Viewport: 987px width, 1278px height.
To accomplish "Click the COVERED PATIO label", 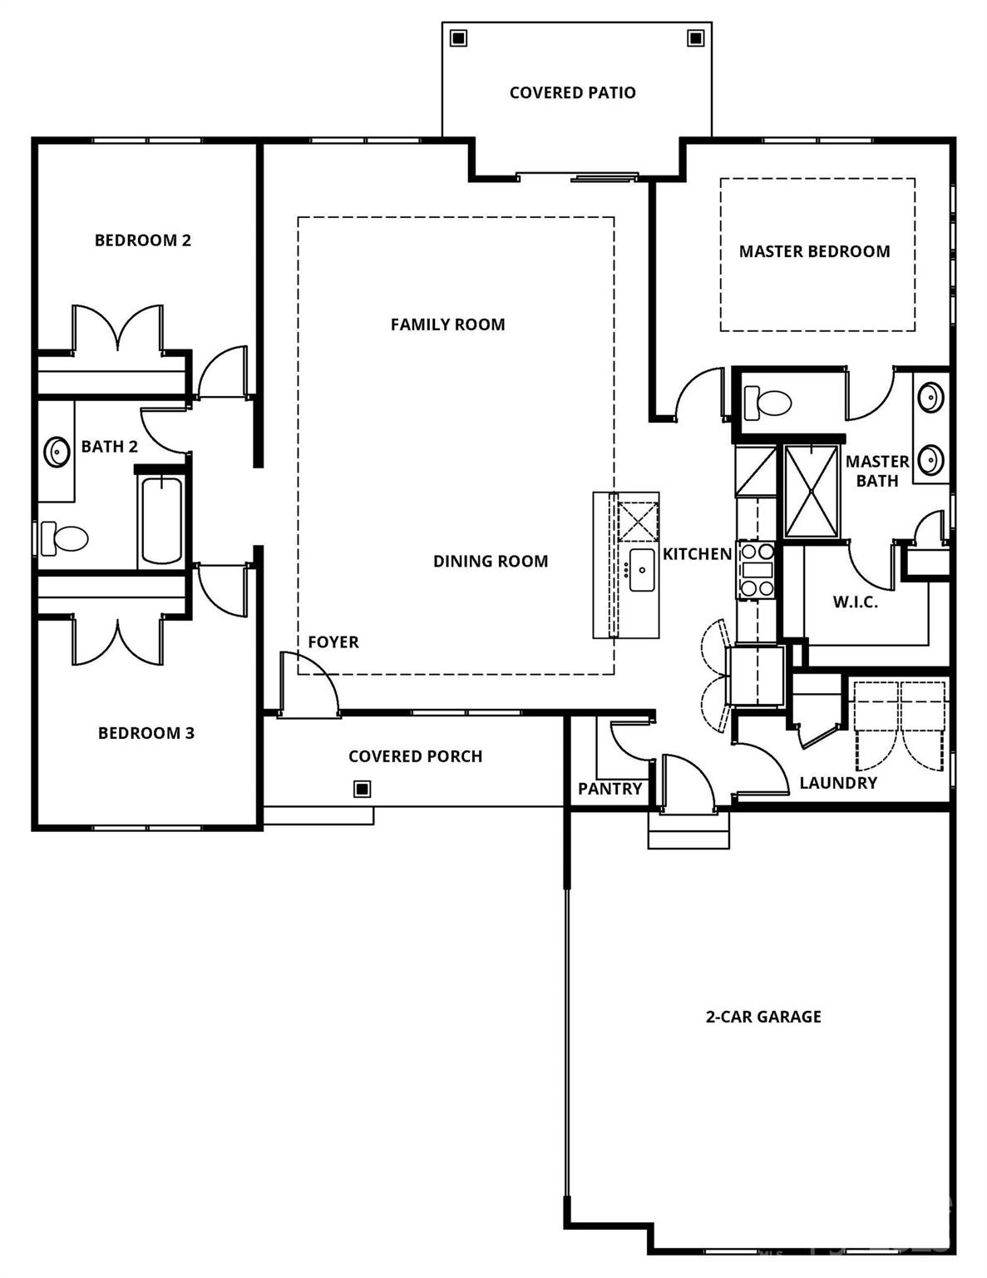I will (572, 92).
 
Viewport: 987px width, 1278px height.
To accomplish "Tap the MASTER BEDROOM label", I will (814, 251).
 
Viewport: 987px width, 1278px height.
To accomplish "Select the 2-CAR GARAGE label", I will (763, 1016).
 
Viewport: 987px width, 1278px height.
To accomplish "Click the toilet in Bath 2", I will (66, 538).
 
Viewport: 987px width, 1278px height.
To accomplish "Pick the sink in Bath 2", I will (57, 452).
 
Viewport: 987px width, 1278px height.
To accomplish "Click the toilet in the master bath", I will (767, 404).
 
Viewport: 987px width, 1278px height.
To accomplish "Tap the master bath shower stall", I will (812, 491).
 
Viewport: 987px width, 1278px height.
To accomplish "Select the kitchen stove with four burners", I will (757, 570).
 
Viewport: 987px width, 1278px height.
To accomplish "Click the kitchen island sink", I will (642, 570).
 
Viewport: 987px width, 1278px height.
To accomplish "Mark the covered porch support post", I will (362, 789).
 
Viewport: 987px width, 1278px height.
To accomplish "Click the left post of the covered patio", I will (458, 38).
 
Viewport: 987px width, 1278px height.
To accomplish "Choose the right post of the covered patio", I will (694, 38).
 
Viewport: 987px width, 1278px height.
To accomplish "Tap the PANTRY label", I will (609, 789).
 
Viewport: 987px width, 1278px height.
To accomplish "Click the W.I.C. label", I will (855, 602).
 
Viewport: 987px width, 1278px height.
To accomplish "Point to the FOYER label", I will (333, 642).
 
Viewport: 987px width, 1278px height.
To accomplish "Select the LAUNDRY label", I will (838, 783).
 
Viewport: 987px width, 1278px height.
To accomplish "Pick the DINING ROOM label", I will (491, 562).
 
